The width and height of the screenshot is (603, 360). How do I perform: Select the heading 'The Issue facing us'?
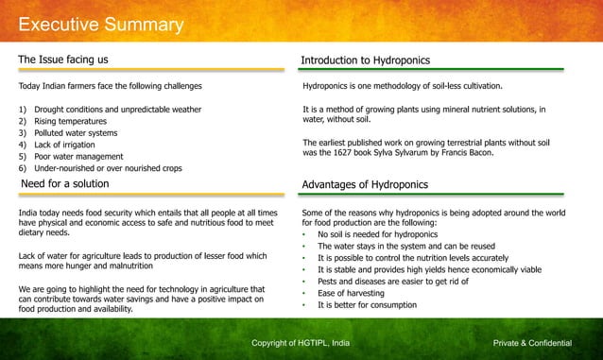click(62, 60)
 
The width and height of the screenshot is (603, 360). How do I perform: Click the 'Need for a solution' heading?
click(65, 183)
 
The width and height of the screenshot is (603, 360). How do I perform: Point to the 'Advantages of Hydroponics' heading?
click(364, 184)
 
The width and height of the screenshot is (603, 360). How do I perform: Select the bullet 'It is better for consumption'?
click(375, 305)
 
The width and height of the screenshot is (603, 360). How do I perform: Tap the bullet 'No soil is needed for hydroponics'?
click(378, 233)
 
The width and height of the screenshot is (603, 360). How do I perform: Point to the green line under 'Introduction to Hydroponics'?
click(432, 71)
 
